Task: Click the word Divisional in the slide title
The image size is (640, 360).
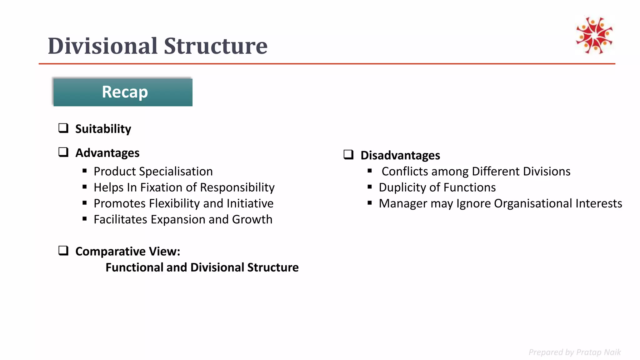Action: (102, 46)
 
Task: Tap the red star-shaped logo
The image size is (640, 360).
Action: (594, 35)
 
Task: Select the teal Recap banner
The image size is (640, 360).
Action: (123, 92)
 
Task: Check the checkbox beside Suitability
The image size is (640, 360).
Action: (63, 128)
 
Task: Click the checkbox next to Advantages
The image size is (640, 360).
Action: (63, 152)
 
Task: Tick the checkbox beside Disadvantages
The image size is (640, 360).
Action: (348, 155)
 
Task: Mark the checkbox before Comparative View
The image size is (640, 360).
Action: (63, 251)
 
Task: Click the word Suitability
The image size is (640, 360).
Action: (103, 129)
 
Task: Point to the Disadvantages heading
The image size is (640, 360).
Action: (400, 155)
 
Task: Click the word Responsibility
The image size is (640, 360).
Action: (237, 187)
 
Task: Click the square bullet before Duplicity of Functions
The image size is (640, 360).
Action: (370, 187)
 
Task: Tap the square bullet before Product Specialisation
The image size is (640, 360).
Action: (85, 171)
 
